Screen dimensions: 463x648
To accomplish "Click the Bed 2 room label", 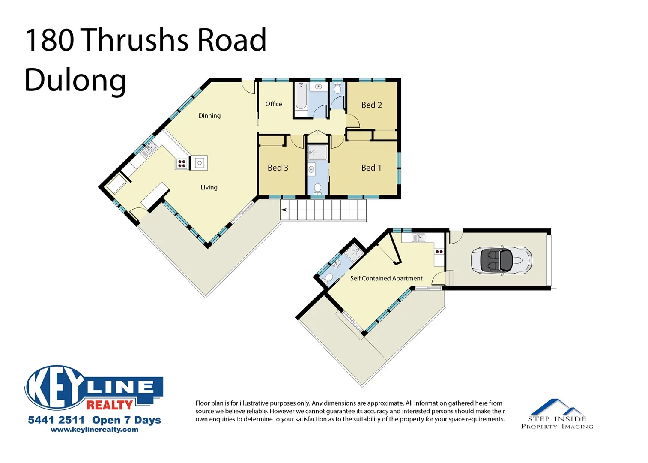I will [x=371, y=105].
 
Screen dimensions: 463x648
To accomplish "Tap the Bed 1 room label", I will [x=371, y=168].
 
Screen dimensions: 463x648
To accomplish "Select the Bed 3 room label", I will [x=278, y=168].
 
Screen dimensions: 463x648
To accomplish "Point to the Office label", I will [x=274, y=104].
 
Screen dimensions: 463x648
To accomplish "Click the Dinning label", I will [x=209, y=116].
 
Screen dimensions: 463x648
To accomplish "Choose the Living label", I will [x=209, y=187].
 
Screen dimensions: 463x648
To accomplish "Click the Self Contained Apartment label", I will [x=386, y=278].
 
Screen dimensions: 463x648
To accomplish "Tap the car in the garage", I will [x=501, y=260].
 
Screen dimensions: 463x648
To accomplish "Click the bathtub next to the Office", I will [x=301, y=97].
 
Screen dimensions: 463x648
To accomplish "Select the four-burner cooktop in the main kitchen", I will [x=182, y=163].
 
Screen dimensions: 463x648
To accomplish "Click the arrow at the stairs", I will [x=284, y=210].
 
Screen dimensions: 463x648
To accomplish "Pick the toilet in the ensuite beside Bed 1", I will [x=317, y=188].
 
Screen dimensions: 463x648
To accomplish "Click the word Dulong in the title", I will [x=75, y=80].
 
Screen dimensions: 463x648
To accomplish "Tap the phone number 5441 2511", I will [x=56, y=420].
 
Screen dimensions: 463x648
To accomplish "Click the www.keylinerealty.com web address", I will [x=94, y=430].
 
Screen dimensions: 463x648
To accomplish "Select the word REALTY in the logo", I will [x=110, y=405].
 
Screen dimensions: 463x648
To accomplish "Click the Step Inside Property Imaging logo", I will [x=557, y=414].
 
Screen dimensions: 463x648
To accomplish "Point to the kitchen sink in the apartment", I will [x=418, y=238].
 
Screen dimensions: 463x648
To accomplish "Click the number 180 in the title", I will [x=49, y=40].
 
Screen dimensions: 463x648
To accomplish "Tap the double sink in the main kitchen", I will [x=149, y=149].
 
